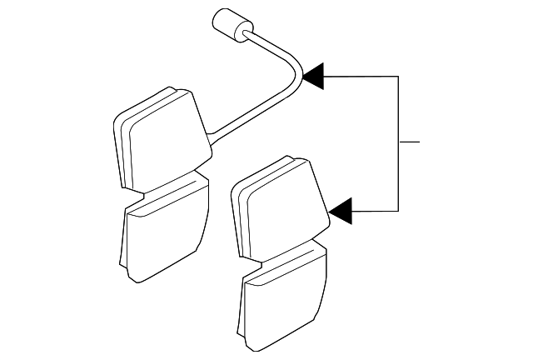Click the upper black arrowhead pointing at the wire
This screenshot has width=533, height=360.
click(312, 77)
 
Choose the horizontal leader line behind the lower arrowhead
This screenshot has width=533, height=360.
click(375, 211)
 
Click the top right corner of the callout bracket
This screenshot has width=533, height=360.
click(399, 77)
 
